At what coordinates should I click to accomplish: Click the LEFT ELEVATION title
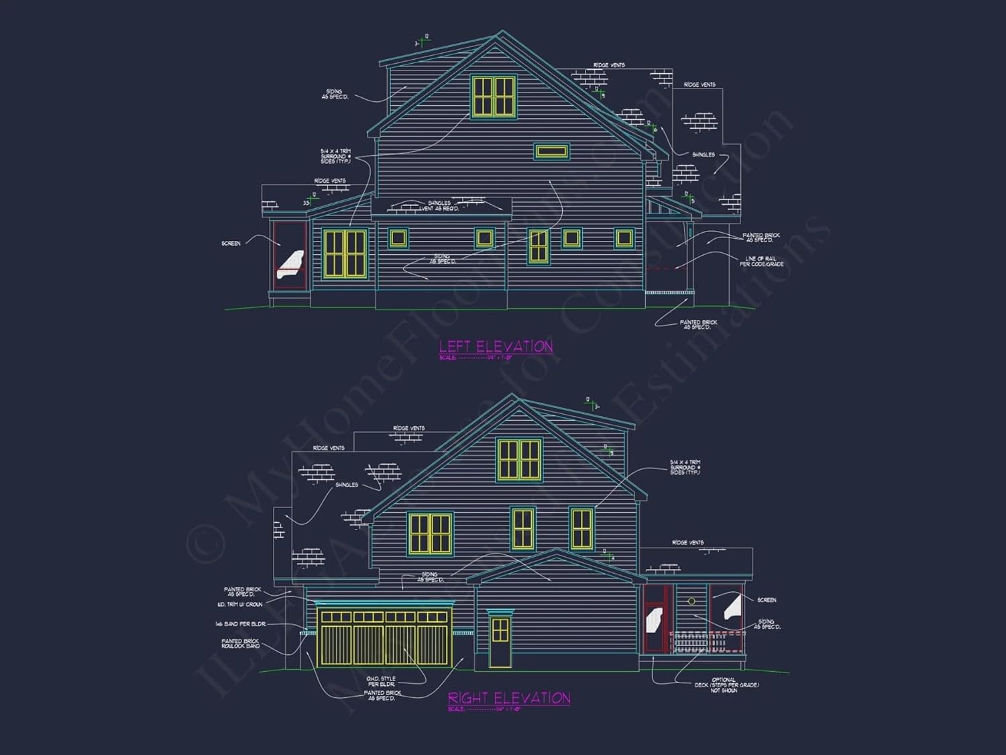[496, 346]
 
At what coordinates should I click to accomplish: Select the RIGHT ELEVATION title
[509, 698]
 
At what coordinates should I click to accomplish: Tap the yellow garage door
[384, 638]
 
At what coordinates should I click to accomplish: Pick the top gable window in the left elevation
[494, 97]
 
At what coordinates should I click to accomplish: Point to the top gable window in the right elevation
[519, 460]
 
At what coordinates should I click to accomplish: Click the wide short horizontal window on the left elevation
[551, 152]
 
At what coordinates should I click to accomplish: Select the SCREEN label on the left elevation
[231, 244]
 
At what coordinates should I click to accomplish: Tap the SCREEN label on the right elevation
[766, 600]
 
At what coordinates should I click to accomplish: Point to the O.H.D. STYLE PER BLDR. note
[381, 681]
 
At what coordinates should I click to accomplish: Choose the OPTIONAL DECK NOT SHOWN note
[725, 685]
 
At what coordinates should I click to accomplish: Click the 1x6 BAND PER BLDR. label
[240, 625]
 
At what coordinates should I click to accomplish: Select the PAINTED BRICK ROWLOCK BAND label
[241, 644]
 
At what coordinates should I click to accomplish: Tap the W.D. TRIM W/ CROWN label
[239, 605]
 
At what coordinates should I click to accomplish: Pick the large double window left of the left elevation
[345, 253]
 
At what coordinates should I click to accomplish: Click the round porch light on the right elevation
[691, 601]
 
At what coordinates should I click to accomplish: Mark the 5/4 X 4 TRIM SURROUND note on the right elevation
[685, 467]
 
